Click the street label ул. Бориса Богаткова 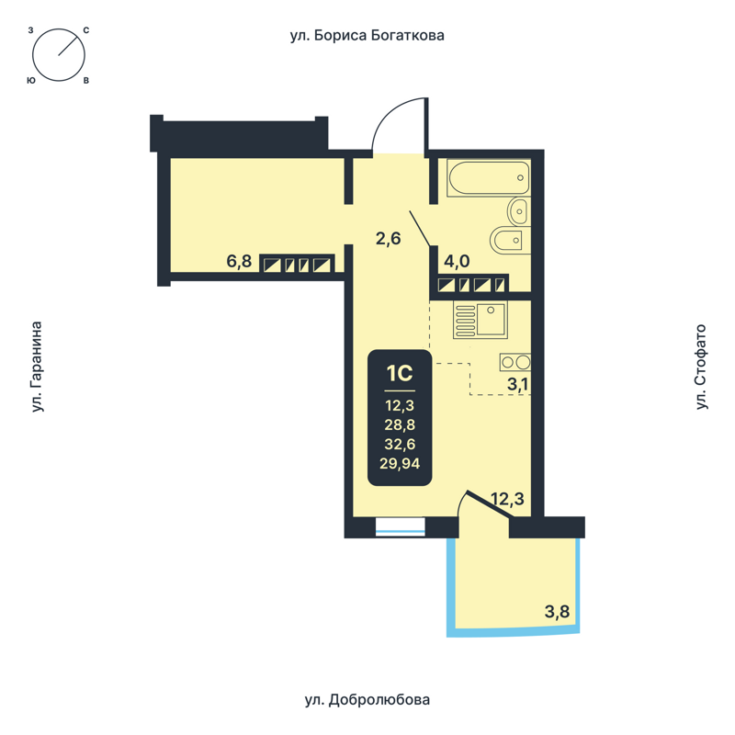(367, 36)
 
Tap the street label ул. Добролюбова (367, 700)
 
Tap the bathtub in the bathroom (488, 178)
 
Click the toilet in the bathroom (508, 242)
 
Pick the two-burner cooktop (514, 362)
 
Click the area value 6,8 (239, 262)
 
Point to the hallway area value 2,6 (389, 239)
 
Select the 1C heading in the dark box (400, 374)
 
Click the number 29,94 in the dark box (400, 464)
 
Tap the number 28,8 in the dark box (400, 424)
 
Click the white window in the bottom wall (401, 526)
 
